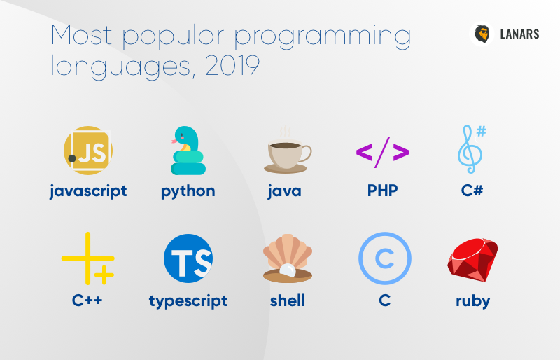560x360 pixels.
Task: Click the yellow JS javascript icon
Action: click(88, 151)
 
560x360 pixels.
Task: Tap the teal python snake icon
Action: click(188, 151)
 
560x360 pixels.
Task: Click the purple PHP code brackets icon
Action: click(382, 152)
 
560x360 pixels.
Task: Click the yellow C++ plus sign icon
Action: click(88, 258)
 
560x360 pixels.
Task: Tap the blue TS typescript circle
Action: click(188, 258)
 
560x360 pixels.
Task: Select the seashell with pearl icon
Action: click(288, 258)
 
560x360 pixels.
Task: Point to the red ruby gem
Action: click(472, 260)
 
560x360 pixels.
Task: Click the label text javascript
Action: click(88, 191)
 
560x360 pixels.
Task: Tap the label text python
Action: click(188, 192)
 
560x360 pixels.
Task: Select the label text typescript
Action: click(188, 301)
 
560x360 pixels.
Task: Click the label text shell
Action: click(288, 300)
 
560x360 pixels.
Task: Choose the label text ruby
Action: click(473, 301)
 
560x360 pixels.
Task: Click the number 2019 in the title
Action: click(232, 66)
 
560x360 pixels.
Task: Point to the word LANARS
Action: click(519, 34)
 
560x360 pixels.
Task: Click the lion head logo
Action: click(482, 34)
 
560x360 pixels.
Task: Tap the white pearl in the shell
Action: click(288, 270)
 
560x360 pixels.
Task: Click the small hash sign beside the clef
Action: click(482, 131)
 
